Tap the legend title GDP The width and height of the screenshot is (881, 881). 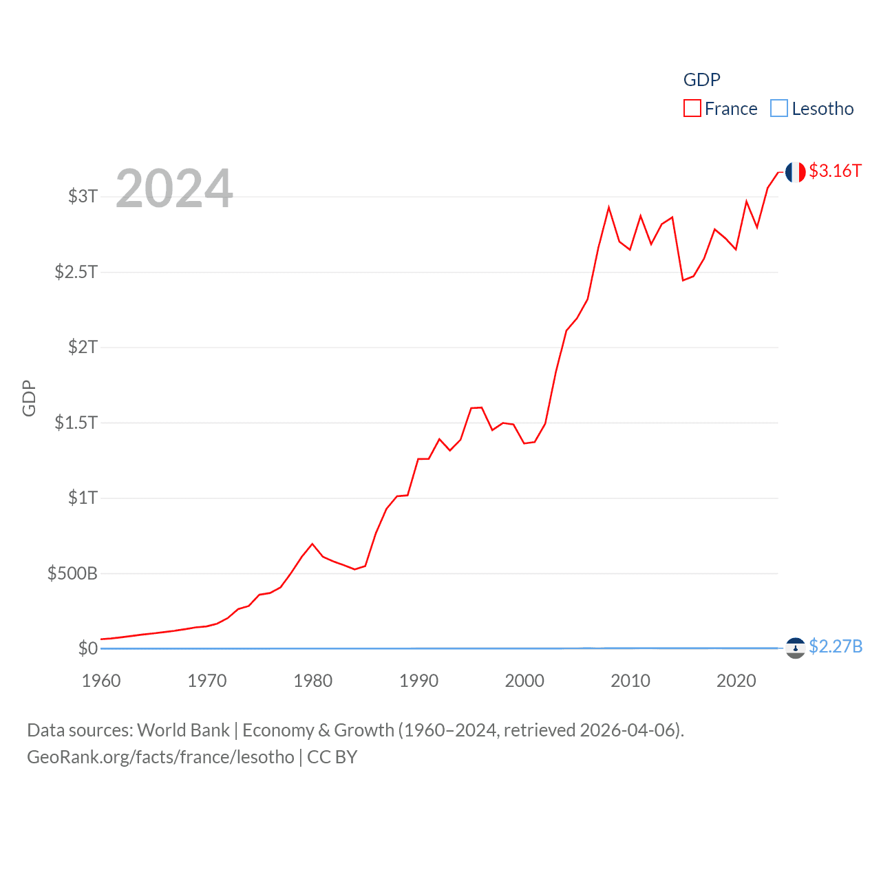click(x=701, y=80)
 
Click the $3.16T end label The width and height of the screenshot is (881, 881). click(x=835, y=171)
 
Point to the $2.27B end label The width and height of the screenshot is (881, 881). click(x=835, y=647)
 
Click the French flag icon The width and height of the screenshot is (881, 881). click(x=795, y=172)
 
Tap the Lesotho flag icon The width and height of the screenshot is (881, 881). click(x=795, y=648)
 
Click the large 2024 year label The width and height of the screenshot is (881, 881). click(x=174, y=189)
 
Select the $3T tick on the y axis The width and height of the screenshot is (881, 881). click(x=83, y=196)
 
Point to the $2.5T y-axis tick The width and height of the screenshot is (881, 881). click(x=76, y=272)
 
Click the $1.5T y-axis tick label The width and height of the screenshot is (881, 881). click(x=76, y=423)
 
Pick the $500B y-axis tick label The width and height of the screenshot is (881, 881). click(x=72, y=573)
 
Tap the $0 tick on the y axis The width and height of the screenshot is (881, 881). click(x=87, y=648)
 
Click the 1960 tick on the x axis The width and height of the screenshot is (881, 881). click(x=101, y=681)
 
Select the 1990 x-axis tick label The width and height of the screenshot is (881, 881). click(x=418, y=681)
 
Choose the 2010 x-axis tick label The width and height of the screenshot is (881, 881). click(x=630, y=681)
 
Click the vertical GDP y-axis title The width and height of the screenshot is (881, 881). click(x=29, y=398)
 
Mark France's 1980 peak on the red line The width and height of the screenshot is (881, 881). click(x=312, y=544)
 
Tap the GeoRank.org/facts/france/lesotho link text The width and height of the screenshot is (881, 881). click(x=160, y=757)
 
